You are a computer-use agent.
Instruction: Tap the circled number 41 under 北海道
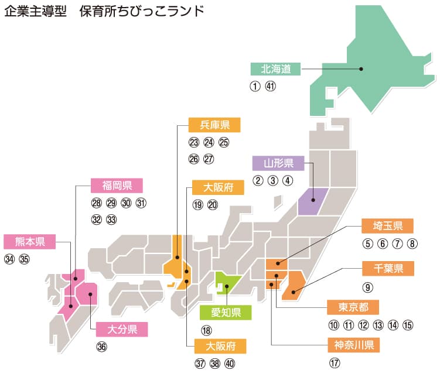pos(270,86)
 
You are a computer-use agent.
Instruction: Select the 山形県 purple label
pos(278,163)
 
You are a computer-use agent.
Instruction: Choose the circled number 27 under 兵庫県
pos(209,159)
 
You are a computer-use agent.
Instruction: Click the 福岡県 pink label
pos(117,186)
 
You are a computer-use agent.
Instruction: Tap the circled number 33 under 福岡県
pos(111,220)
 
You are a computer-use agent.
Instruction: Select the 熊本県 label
pos(29,242)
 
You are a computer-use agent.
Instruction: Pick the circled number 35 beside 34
pos(24,259)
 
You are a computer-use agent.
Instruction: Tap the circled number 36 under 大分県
pos(102,347)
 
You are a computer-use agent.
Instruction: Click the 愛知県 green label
pos(226,312)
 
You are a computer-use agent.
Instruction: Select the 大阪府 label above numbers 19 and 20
pos(218,188)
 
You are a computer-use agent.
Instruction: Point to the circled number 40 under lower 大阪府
pos(229,363)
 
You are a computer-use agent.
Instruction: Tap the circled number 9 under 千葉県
pos(367,287)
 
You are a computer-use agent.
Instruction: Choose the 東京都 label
pos(353,307)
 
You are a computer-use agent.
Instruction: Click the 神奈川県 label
pos(354,344)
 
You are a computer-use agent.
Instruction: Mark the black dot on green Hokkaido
pos(361,69)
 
